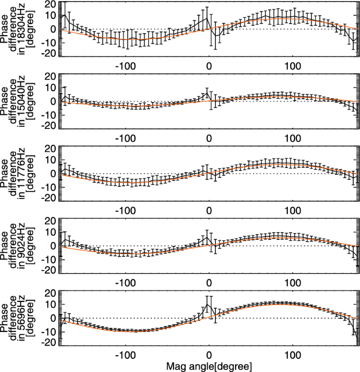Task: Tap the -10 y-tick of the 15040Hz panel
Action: (49, 114)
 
